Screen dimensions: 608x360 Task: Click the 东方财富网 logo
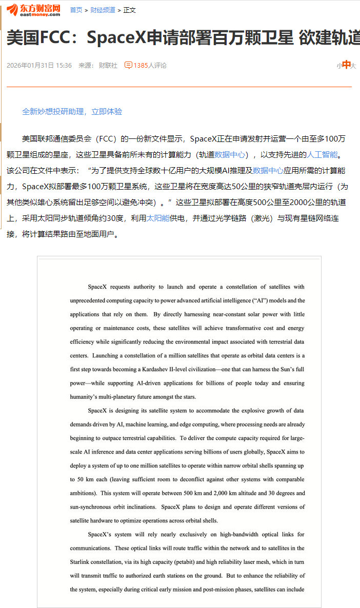click(34, 9)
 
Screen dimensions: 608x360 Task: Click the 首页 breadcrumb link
click(76, 10)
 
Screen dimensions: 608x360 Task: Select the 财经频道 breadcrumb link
click(102, 10)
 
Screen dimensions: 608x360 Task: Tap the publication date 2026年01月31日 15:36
click(39, 66)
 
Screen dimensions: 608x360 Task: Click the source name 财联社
click(108, 66)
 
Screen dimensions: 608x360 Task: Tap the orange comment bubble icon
click(128, 65)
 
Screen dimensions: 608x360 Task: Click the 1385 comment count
click(141, 66)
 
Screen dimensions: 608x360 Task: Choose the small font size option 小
click(339, 66)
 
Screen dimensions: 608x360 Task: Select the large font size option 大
click(353, 66)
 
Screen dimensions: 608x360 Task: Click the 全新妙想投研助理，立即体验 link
click(72, 112)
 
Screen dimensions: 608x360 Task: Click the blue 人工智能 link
click(322, 154)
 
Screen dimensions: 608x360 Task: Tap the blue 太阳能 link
click(158, 218)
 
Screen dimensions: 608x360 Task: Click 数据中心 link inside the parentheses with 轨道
click(230, 154)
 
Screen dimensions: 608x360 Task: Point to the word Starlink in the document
click(82, 562)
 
